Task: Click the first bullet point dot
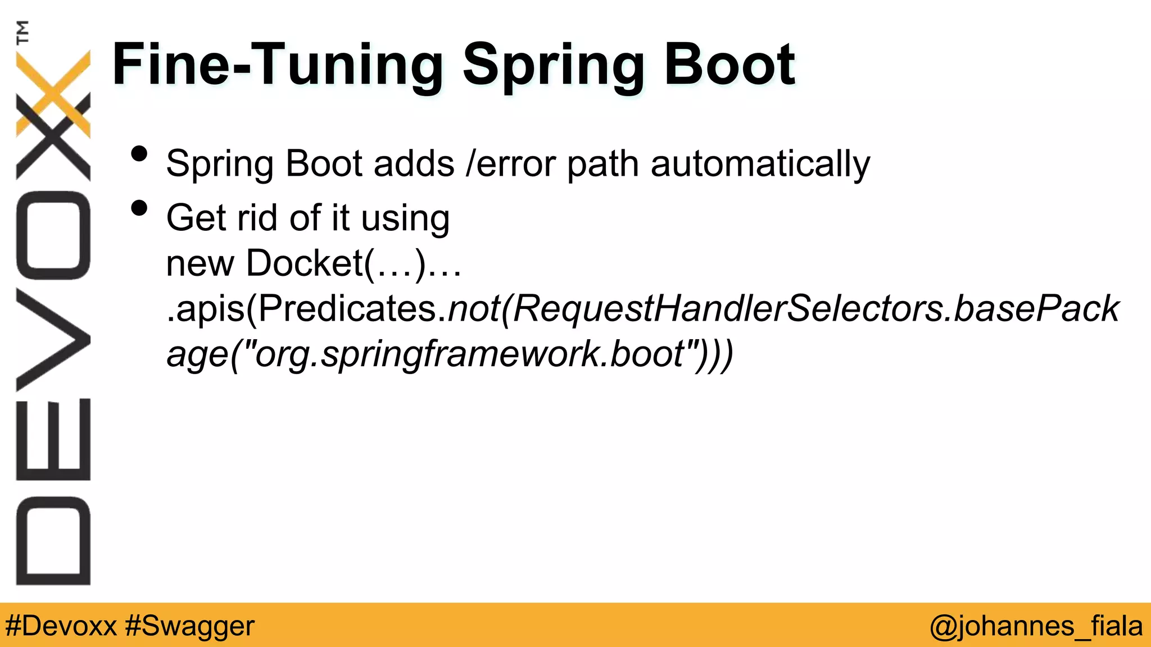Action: pyautogui.click(x=139, y=154)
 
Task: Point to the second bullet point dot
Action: pyautogui.click(x=139, y=208)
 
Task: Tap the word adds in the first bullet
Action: pyautogui.click(x=414, y=164)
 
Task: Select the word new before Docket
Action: pyautogui.click(x=200, y=263)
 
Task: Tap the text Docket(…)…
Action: pyautogui.click(x=354, y=263)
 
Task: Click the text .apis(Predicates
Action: pyautogui.click(x=302, y=309)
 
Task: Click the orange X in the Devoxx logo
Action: pyautogui.click(x=53, y=93)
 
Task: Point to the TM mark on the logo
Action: pyautogui.click(x=22, y=32)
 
